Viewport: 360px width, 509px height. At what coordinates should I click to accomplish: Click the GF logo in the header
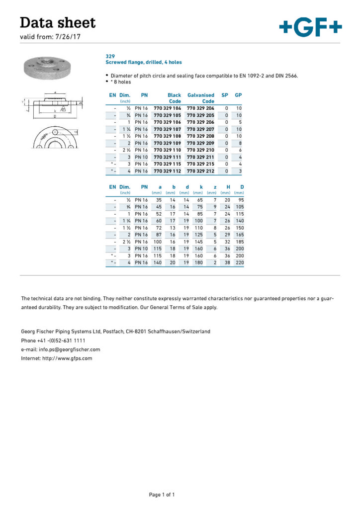click(310, 26)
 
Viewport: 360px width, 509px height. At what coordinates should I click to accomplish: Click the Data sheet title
click(58, 22)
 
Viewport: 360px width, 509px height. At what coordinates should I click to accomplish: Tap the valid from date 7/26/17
click(71, 37)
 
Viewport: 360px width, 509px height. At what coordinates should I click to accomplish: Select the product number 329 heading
click(110, 56)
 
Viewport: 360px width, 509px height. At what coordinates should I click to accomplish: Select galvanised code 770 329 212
click(200, 170)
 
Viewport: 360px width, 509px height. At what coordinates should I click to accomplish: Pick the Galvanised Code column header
click(201, 98)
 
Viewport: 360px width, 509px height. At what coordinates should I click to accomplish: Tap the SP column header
click(225, 95)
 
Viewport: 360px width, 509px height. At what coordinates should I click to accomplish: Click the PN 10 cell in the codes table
click(141, 157)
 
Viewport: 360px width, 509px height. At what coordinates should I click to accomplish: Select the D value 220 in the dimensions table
click(239, 262)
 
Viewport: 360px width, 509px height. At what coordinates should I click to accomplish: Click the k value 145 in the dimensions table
click(198, 241)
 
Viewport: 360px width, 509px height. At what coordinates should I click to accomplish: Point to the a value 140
click(158, 262)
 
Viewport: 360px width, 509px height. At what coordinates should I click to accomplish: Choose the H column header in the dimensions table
click(228, 187)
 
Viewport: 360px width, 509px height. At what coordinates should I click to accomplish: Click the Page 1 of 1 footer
click(162, 495)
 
